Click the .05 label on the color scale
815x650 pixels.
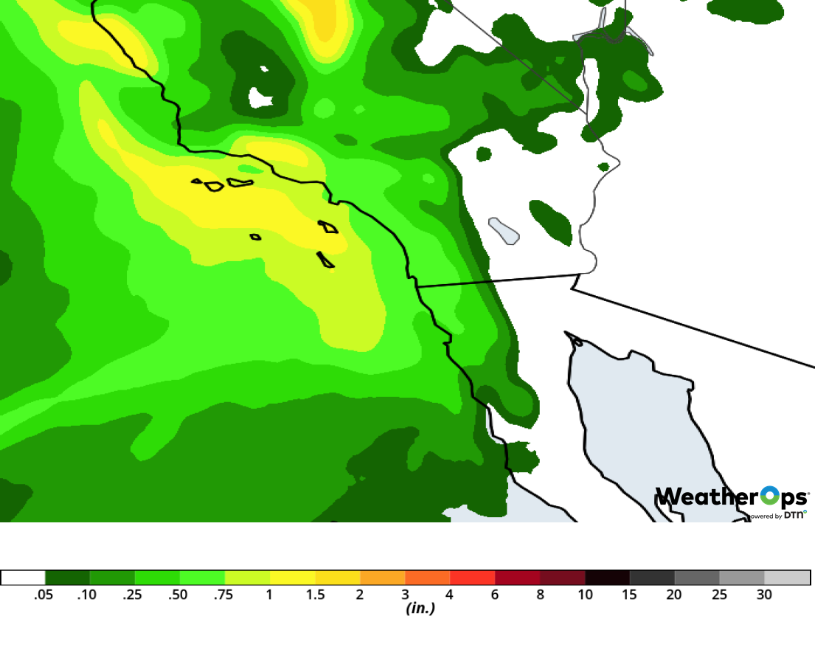(44, 595)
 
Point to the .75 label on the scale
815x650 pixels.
(223, 595)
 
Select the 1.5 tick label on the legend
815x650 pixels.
(315, 595)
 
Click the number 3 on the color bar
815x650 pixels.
(406, 595)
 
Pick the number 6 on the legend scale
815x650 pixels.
(496, 595)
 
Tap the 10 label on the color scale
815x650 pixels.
(586, 595)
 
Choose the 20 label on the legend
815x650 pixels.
(675, 595)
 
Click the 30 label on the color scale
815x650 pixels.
(764, 595)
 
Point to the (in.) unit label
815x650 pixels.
(420, 609)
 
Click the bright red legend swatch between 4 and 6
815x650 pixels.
(473, 578)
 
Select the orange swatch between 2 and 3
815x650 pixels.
(383, 578)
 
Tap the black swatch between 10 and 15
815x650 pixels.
(608, 578)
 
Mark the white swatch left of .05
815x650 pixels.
(23, 578)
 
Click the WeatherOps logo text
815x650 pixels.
(730, 497)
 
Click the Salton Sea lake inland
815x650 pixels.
(504, 231)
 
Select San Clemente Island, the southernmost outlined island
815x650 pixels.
(325, 260)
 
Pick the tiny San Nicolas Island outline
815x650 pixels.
(256, 237)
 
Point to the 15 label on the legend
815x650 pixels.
(630, 595)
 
